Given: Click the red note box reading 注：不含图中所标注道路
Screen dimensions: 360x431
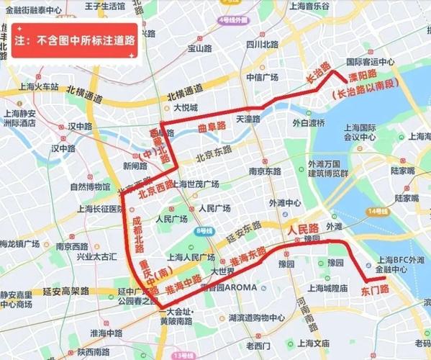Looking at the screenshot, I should (x=74, y=41).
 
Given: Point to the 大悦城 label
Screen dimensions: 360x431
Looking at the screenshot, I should (x=185, y=107).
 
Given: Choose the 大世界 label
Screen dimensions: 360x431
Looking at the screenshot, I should (x=223, y=271).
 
